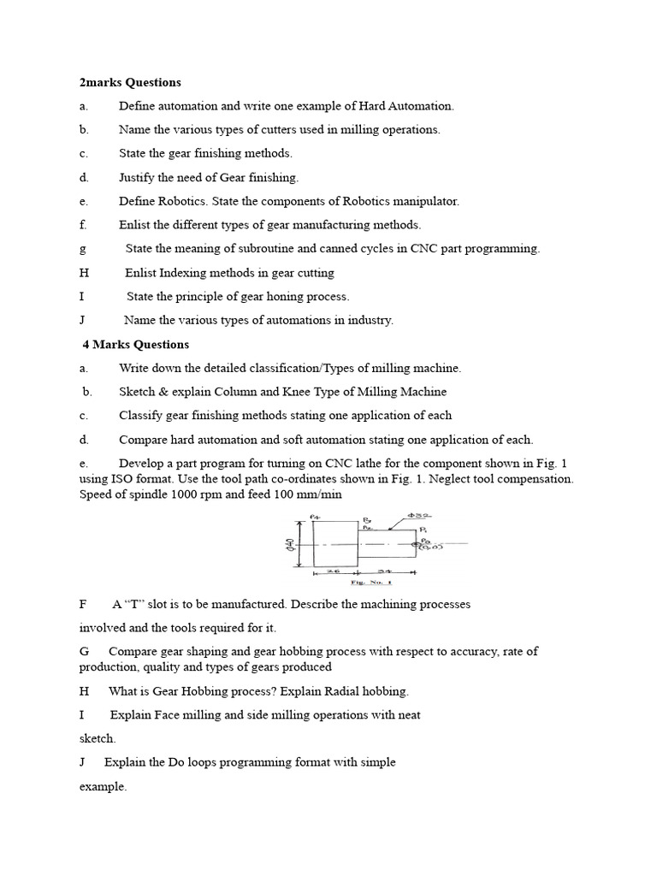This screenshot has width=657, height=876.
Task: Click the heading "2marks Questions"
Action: (x=130, y=83)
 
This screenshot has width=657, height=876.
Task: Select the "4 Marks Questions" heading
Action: (x=135, y=345)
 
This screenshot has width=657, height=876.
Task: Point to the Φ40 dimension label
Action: (x=290, y=544)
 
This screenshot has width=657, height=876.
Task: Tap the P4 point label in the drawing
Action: (x=314, y=517)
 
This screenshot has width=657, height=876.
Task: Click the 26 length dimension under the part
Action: (x=334, y=571)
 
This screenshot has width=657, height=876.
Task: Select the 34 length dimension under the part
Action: (x=384, y=571)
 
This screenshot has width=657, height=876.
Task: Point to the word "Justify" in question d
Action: (x=137, y=178)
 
